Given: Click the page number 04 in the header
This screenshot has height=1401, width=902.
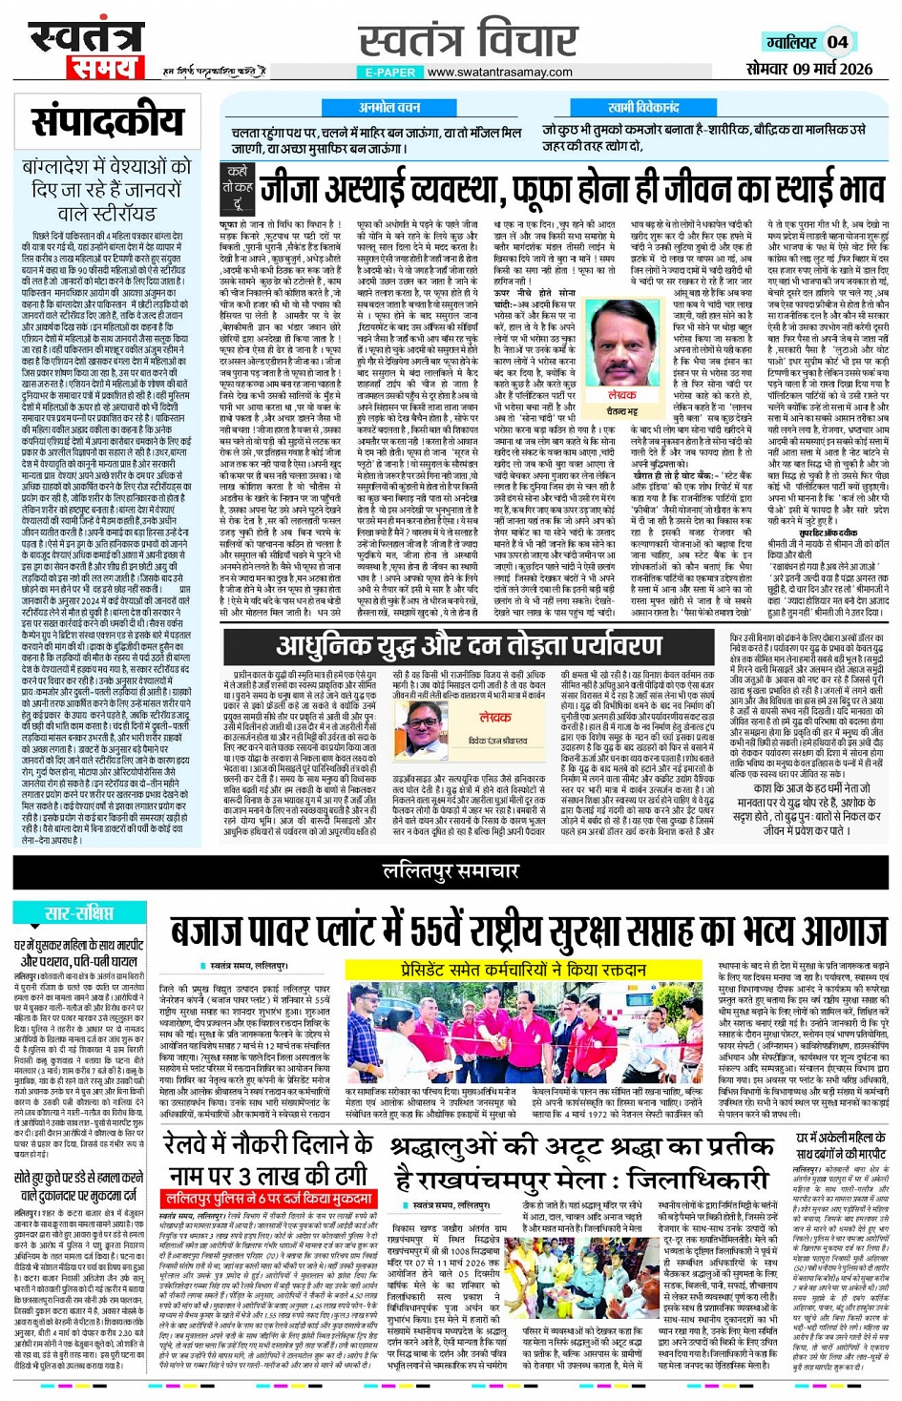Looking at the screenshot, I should pyautogui.click(x=837, y=42).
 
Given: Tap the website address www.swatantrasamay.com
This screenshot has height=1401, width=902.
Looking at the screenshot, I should pyautogui.click(x=500, y=72).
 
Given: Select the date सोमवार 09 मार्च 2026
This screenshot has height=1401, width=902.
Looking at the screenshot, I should pyautogui.click(x=808, y=69).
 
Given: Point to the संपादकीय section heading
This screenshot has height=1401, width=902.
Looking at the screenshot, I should pyautogui.click(x=106, y=122).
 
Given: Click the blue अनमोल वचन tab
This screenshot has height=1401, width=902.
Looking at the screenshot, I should pyautogui.click(x=388, y=108).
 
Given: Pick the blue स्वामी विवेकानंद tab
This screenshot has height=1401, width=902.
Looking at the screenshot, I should pyautogui.click(x=643, y=108).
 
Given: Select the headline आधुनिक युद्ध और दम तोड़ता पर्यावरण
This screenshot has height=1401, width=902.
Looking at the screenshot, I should pyautogui.click(x=468, y=646).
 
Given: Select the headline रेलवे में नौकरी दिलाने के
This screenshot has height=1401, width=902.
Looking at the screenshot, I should pyautogui.click(x=271, y=1145).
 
